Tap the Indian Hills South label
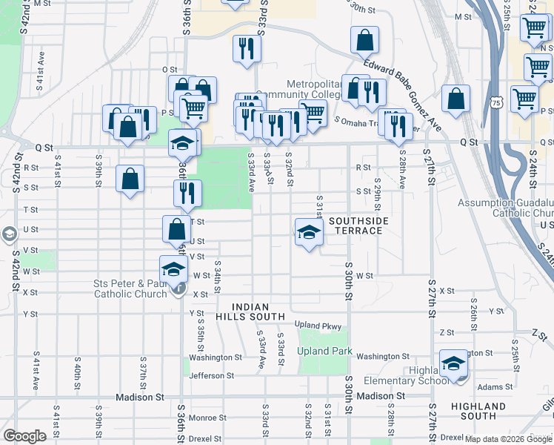pyautogui.click(x=258, y=311)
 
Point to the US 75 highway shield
pyautogui.click(x=495, y=102)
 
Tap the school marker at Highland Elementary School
pyautogui.click(x=453, y=363)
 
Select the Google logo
pyautogui.click(x=24, y=436)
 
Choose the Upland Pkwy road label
pyautogui.click(x=318, y=326)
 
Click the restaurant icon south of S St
pyautogui.click(x=187, y=193)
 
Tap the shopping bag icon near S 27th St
pyautogui.click(x=455, y=99)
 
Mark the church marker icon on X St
pyautogui.click(x=178, y=290)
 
